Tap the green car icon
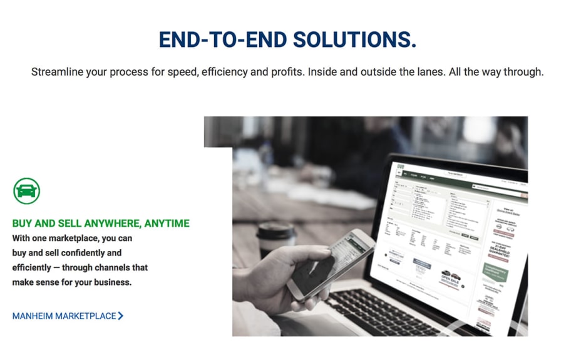coord(26,190)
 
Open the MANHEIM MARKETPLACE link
coord(64,316)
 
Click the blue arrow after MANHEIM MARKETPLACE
coord(121,316)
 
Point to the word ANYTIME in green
coord(166,224)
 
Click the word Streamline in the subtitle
coord(57,72)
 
